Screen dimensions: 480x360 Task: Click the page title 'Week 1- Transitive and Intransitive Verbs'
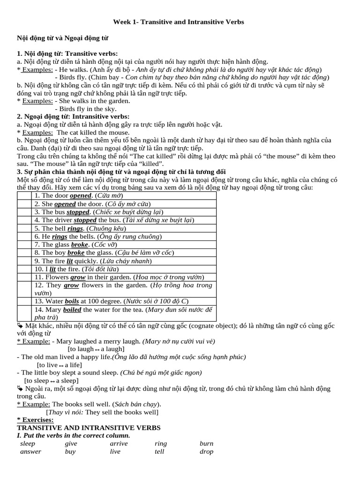pyautogui.click(x=179, y=22)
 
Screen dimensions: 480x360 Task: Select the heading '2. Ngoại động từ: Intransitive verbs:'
pyautogui.click(x=73, y=116)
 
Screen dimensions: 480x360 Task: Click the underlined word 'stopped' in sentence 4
pyautogui.click(x=85, y=220)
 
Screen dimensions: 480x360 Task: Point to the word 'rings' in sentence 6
pyautogui.click(x=60, y=236)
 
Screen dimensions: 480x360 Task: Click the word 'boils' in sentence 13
pyautogui.click(x=72, y=301)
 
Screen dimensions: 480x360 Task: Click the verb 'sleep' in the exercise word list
pyautogui.click(x=28, y=443)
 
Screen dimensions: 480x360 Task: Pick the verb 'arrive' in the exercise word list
pyautogui.click(x=119, y=443)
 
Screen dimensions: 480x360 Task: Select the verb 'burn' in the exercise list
pyautogui.click(x=206, y=443)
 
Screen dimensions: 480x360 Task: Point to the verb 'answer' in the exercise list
pyautogui.click(x=30, y=452)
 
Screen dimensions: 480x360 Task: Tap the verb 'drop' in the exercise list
pyautogui.click(x=206, y=452)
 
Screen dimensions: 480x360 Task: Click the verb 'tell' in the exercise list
pyautogui.click(x=159, y=452)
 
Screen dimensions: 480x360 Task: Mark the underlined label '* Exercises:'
pyautogui.click(x=35, y=420)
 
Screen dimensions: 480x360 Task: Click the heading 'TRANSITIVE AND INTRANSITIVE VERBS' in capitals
pyautogui.click(x=89, y=427)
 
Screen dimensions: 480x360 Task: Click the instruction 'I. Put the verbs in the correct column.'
pyautogui.click(x=73, y=435)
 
